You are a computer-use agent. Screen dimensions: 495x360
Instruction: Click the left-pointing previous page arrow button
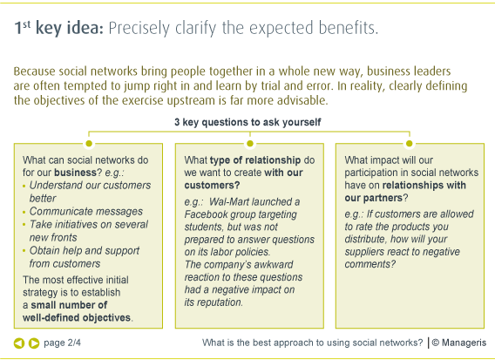[19, 343]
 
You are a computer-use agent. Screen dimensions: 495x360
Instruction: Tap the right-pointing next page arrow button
[34, 343]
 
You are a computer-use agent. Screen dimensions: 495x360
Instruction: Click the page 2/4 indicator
[62, 343]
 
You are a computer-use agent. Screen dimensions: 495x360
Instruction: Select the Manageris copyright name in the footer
[464, 343]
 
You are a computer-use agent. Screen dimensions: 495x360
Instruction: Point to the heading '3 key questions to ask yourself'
[247, 122]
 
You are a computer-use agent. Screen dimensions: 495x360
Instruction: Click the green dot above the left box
[89, 144]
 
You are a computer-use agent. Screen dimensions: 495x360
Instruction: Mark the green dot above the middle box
[250, 144]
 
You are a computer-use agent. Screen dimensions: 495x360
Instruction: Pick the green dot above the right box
[409, 144]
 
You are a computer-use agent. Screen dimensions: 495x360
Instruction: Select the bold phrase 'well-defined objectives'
[77, 317]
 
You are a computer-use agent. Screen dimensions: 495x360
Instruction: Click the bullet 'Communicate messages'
[86, 211]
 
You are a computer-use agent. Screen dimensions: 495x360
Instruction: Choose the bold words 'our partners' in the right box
[374, 198]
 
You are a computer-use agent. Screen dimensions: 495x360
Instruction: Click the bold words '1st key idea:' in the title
[59, 28]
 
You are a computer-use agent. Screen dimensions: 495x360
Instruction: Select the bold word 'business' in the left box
[75, 173]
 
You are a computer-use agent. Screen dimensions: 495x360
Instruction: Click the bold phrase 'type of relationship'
[255, 160]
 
